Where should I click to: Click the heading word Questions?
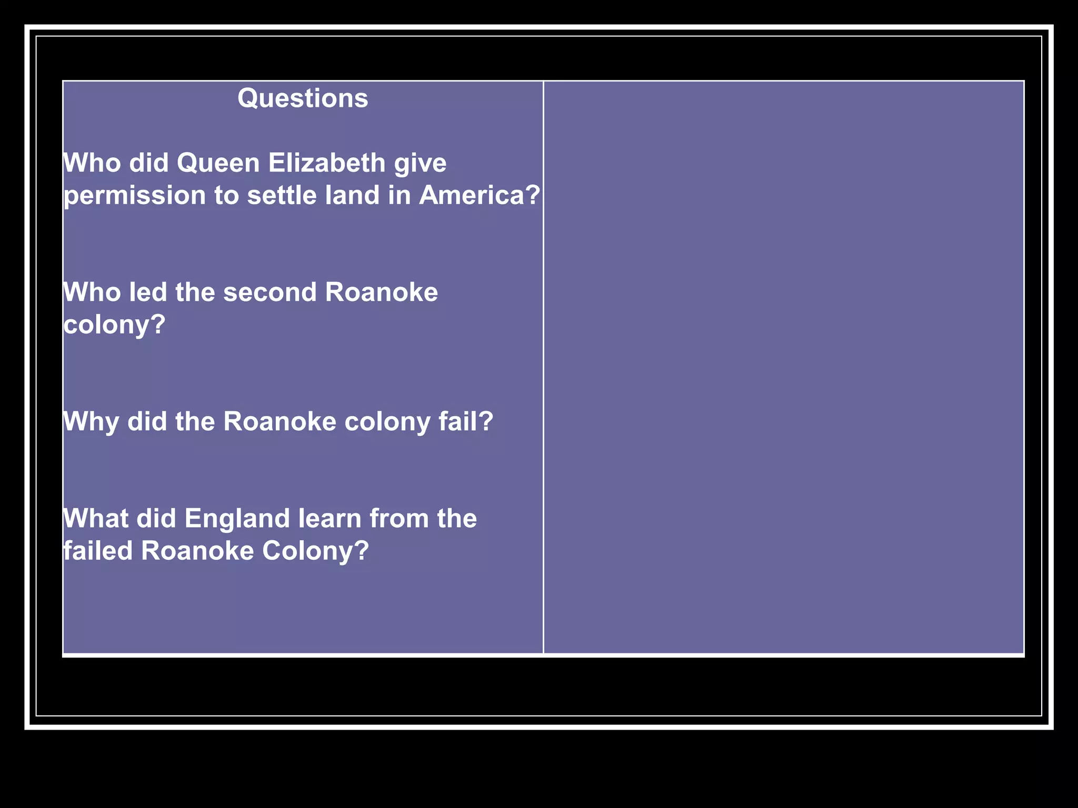303,98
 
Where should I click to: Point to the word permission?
135,196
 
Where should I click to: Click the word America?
472,195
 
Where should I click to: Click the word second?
269,292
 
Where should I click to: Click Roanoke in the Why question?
280,422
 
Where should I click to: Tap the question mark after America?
533,195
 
